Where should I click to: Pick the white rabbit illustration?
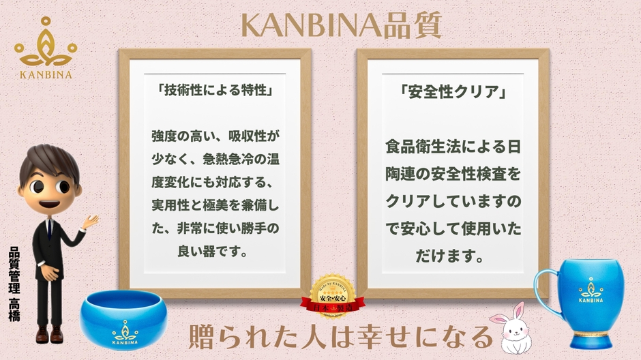tap(512, 328)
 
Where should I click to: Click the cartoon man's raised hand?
tap(89, 222)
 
